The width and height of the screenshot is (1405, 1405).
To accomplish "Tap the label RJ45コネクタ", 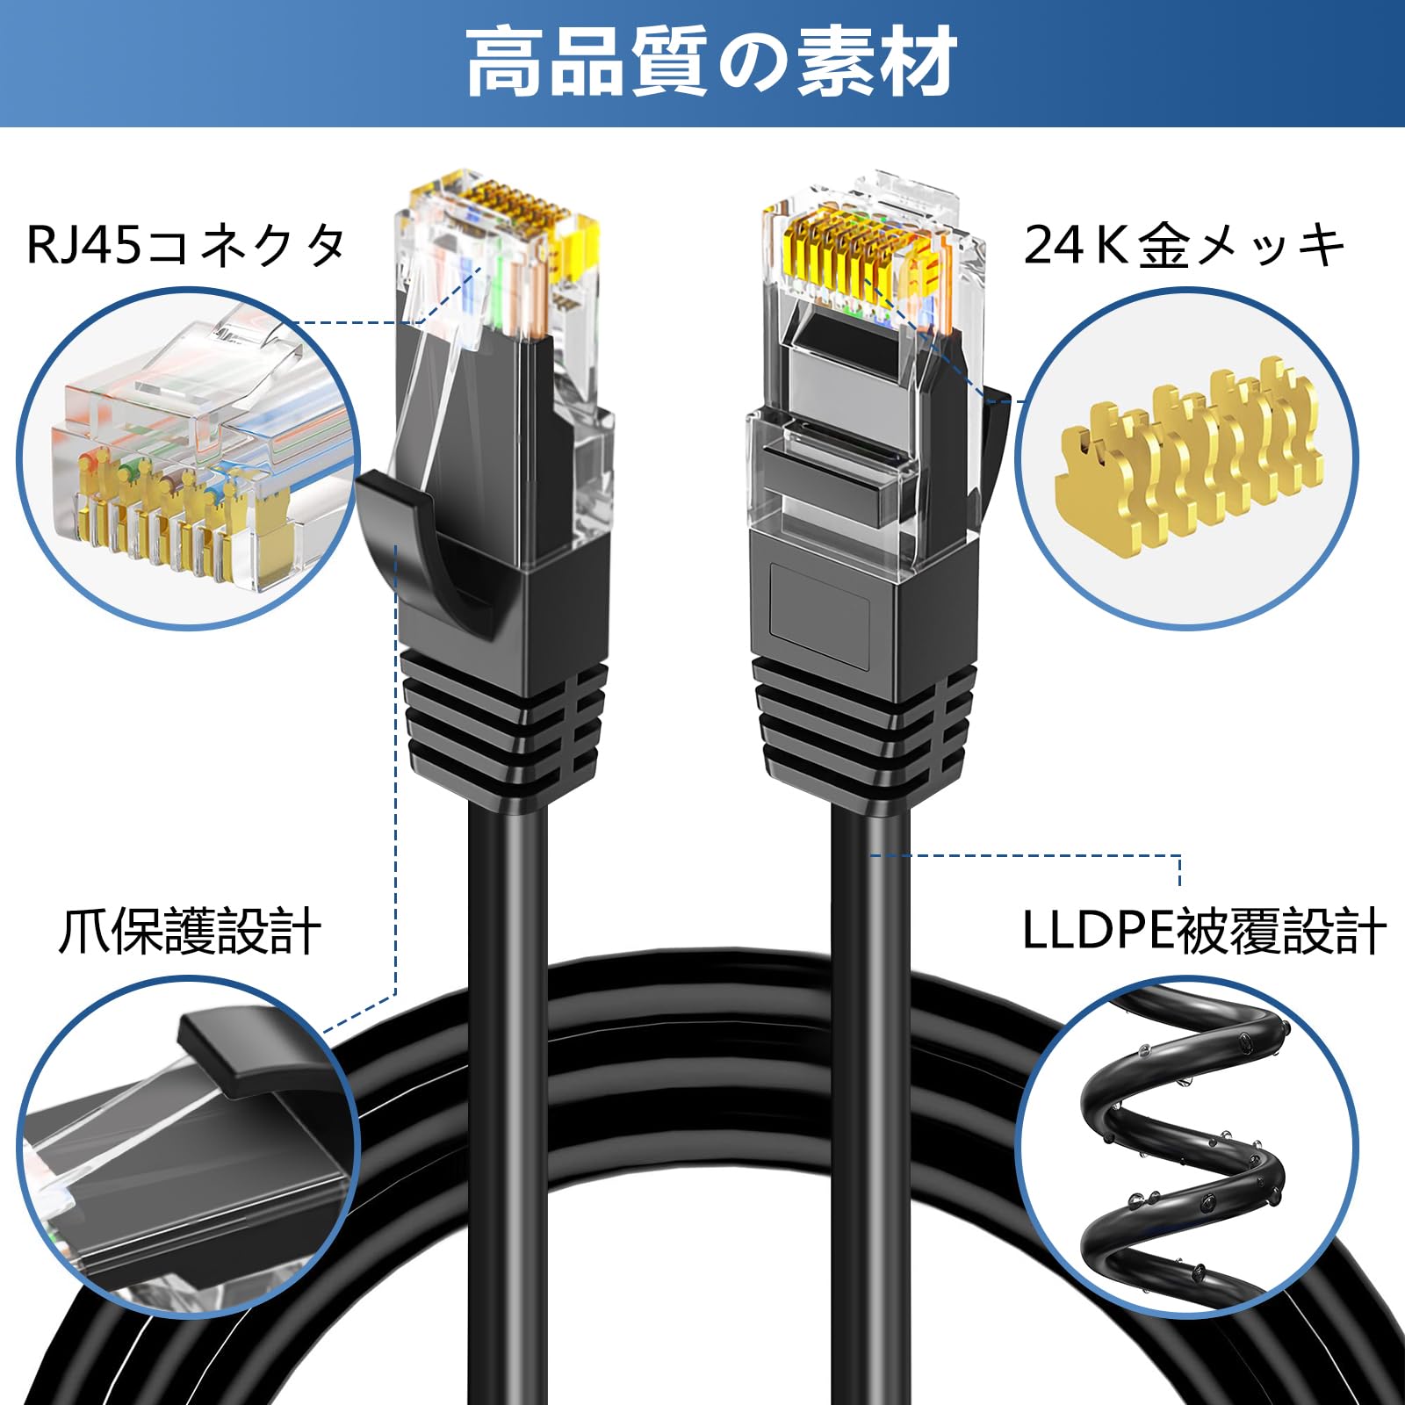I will tap(186, 245).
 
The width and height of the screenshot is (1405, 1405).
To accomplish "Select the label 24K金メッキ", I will tap(1184, 245).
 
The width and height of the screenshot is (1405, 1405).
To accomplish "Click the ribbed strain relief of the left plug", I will tap(505, 720).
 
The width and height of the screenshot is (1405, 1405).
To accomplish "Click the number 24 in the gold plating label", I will tap(1054, 245).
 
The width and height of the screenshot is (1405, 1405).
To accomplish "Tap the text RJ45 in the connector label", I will tap(83, 245).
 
